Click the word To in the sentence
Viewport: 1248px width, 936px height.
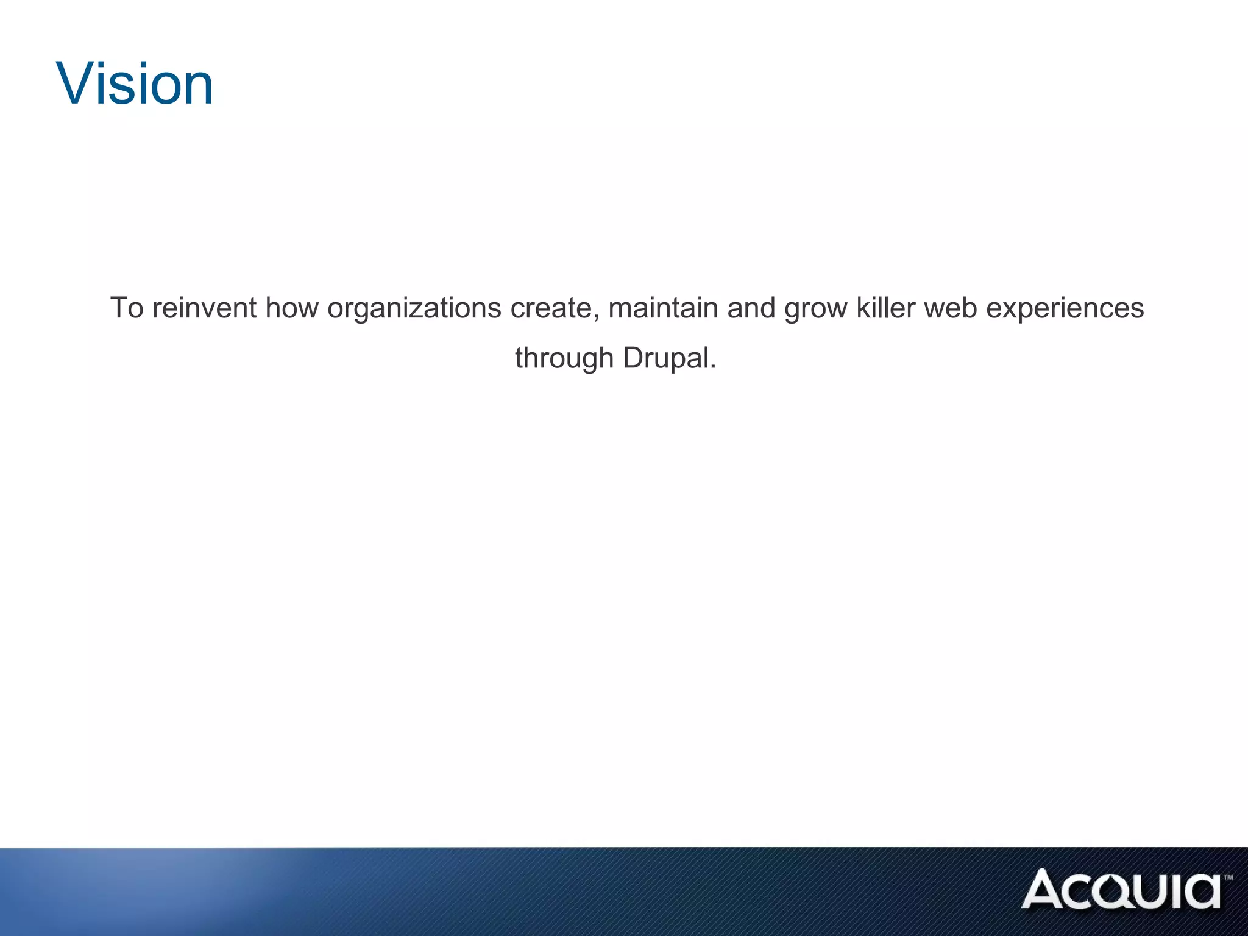click(x=127, y=308)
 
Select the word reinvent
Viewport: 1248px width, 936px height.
click(x=204, y=308)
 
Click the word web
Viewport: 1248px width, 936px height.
click(x=951, y=308)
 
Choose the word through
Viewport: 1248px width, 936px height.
click(x=564, y=358)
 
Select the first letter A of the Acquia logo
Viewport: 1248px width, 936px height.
click(x=1044, y=889)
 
